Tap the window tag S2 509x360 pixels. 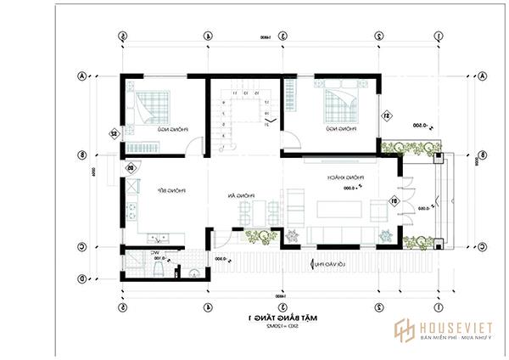tap(113, 133)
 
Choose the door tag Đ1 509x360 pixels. tap(394, 201)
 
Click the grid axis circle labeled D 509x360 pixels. tap(81, 278)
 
